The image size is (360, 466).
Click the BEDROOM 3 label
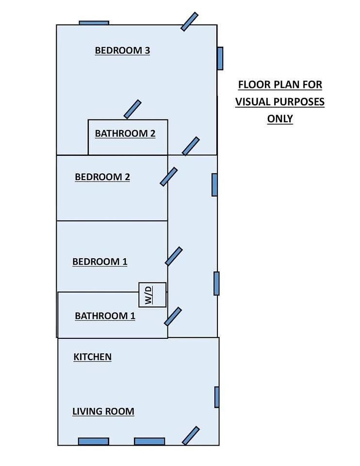pyautogui.click(x=122, y=50)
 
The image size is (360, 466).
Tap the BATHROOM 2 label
pyautogui.click(x=125, y=133)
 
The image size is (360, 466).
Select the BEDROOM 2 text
pyautogui.click(x=102, y=177)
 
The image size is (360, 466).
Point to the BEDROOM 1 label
pyautogui.click(x=100, y=262)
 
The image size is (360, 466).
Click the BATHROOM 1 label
pyautogui.click(x=105, y=316)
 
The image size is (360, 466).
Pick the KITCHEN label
pyautogui.click(x=92, y=357)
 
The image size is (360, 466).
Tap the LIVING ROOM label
pyautogui.click(x=103, y=412)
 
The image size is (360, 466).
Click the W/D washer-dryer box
pyautogui.click(x=152, y=295)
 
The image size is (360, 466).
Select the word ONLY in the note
pyautogui.click(x=280, y=119)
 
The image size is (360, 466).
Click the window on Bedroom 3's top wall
pyautogui.click(x=94, y=23)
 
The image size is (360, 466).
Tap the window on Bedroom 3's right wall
pyautogui.click(x=220, y=59)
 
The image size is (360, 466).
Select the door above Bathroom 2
pyautogui.click(x=132, y=109)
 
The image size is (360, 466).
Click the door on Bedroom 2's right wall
pyautogui.click(x=169, y=177)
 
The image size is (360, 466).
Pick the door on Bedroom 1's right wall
pyautogui.click(x=174, y=256)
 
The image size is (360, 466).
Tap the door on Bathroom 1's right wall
pyautogui.click(x=173, y=316)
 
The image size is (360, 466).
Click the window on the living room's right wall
pyautogui.click(x=217, y=397)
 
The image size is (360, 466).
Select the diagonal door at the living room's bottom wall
pyautogui.click(x=191, y=436)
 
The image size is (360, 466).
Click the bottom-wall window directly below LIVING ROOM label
pyautogui.click(x=94, y=441)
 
